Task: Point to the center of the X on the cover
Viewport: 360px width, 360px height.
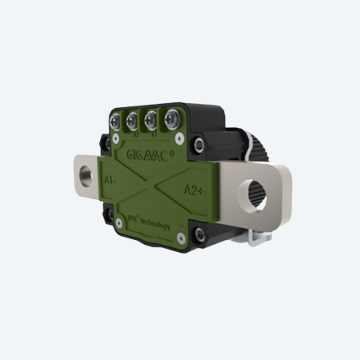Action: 151,186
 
